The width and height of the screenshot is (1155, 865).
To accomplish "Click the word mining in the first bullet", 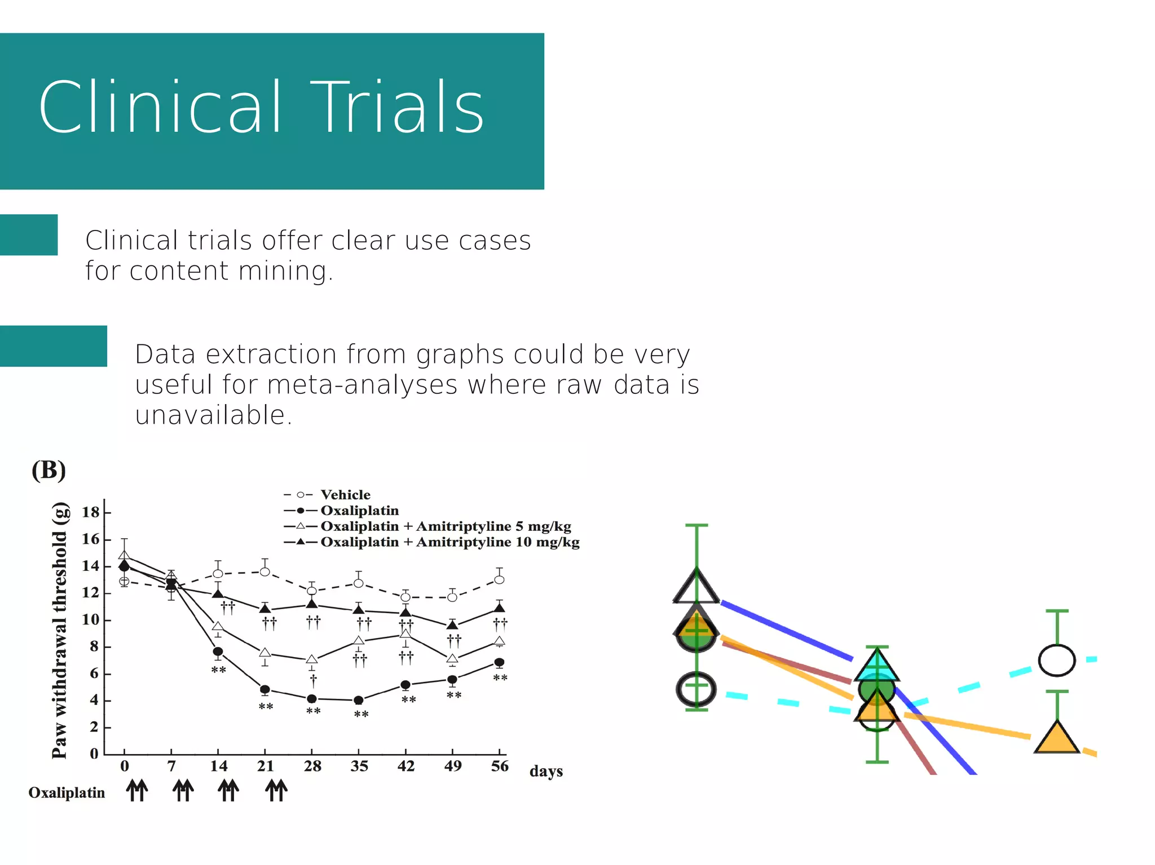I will [282, 270].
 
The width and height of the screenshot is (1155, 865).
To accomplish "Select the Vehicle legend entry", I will [345, 495].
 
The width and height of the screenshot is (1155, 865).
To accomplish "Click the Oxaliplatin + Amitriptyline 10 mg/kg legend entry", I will [449, 542].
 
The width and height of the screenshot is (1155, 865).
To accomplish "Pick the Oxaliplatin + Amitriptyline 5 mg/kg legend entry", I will [445, 526].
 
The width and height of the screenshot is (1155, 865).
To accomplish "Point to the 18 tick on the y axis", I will [90, 512].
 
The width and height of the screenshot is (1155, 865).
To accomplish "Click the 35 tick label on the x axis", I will [359, 766].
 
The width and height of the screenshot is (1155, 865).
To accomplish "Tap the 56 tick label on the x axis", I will [500, 766].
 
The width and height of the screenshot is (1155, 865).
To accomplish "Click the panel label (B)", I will [49, 470].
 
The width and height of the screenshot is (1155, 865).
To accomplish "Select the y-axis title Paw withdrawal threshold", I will [60, 630].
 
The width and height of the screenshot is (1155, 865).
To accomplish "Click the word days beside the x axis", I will [546, 771].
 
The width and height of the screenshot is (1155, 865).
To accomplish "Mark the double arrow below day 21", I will [276, 790].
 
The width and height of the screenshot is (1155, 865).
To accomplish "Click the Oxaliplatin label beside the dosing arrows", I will [67, 793].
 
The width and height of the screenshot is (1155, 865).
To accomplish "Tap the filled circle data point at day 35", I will [359, 700].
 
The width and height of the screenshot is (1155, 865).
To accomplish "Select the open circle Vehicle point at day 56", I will [499, 579].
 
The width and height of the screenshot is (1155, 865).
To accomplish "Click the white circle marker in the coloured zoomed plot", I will [1056, 660].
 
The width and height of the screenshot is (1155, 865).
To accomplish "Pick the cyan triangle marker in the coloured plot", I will [876, 667].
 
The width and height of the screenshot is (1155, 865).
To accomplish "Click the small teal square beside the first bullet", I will [29, 235].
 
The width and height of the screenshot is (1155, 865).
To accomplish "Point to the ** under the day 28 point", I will [313, 711].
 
